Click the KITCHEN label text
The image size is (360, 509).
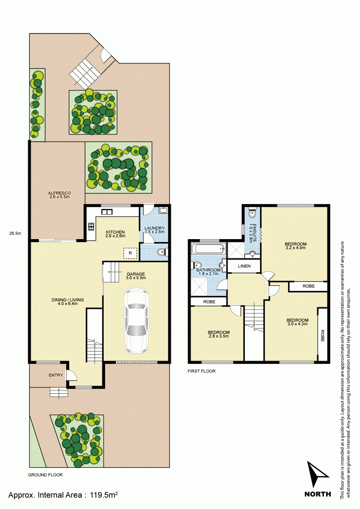pos(115,231)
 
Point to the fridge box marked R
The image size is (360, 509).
pos(130,252)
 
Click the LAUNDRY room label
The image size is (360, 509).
pos(155,228)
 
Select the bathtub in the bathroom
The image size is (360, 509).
pos(208,249)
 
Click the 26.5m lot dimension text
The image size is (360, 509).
pos(15,234)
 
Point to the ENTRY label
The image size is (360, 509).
pos(56,375)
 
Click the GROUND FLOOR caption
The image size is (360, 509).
pos(46,474)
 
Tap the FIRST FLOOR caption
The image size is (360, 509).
pos(202,371)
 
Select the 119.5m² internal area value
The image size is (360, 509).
pos(105,494)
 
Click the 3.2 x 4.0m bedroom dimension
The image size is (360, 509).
pos(296,248)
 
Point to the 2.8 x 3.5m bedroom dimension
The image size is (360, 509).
pos(218,337)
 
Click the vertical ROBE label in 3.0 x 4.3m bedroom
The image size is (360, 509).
pos(322,335)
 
